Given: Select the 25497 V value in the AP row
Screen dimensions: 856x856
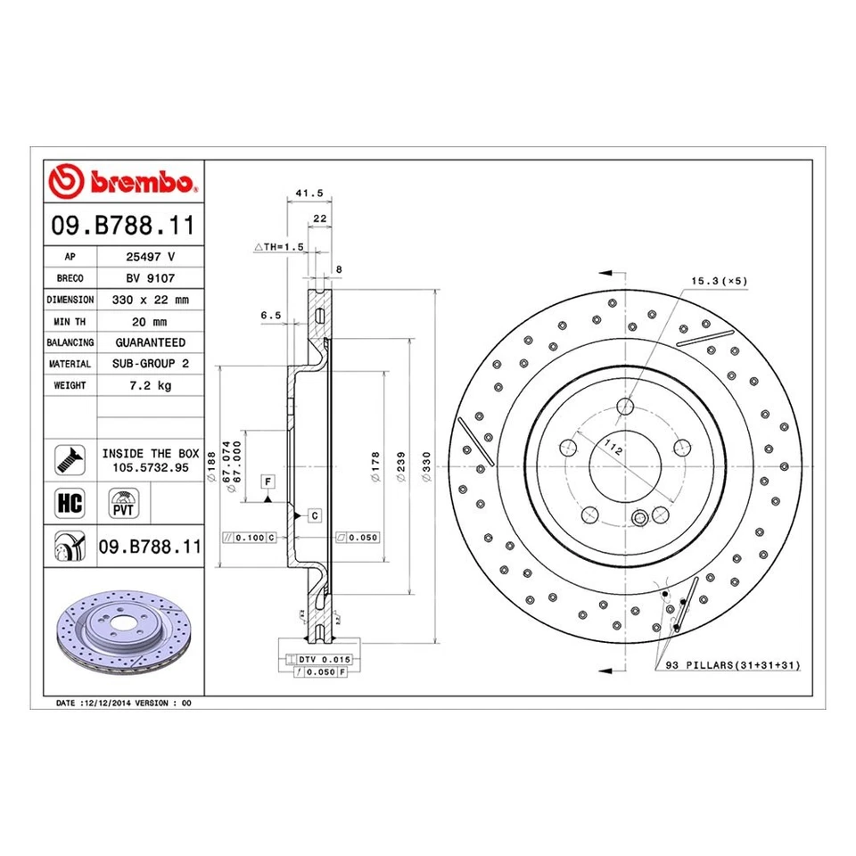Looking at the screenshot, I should point(149,257).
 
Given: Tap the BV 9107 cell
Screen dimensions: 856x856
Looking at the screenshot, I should point(149,278).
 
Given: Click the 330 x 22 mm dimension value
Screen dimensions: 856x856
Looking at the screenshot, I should point(149,300).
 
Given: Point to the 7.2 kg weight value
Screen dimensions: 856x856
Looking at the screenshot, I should point(149,385).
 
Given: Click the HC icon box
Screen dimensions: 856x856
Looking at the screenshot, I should point(70,503).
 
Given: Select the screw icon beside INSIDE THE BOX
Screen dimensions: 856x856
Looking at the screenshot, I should point(70,460).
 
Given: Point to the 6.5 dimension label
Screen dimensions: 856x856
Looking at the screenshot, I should point(271,316).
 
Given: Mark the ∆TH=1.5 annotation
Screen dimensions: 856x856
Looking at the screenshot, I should point(279,246).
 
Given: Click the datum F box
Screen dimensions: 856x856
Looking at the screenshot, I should point(267,482).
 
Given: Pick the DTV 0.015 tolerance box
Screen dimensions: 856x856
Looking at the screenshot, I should point(317,659).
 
